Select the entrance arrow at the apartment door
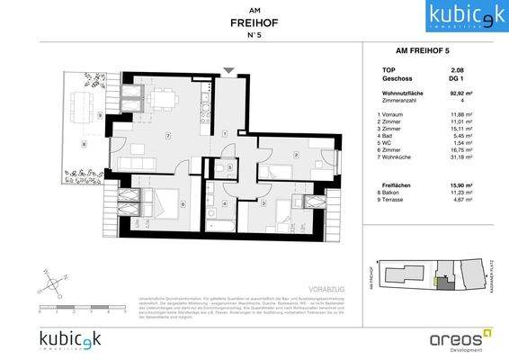pos(228,68)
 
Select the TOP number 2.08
pos(458,68)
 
